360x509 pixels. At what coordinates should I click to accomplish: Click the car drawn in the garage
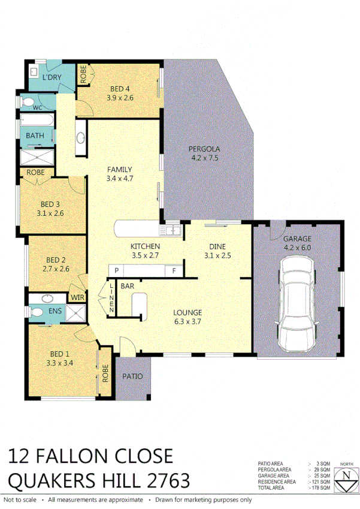pyautogui.click(x=298, y=303)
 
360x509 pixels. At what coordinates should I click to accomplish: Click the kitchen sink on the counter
pyautogui.click(x=174, y=230)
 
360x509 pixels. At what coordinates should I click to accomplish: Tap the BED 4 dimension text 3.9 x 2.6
pyautogui.click(x=119, y=98)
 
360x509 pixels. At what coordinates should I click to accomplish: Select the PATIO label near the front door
pyautogui.click(x=133, y=377)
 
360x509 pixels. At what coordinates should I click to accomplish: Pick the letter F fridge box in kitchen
pyautogui.click(x=174, y=271)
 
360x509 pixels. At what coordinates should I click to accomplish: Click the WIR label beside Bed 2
pyautogui.click(x=77, y=297)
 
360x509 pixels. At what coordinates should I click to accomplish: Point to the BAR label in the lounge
pyautogui.click(x=127, y=287)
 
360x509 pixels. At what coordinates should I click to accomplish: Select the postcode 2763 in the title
pyautogui.click(x=164, y=481)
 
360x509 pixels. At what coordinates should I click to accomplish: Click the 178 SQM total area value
pyautogui.click(x=322, y=487)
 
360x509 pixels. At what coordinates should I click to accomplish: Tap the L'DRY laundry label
pyautogui.click(x=52, y=78)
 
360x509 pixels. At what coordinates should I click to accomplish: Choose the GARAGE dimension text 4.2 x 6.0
pyautogui.click(x=297, y=246)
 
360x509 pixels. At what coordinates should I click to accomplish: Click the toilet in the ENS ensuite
pyautogui.click(x=37, y=311)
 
